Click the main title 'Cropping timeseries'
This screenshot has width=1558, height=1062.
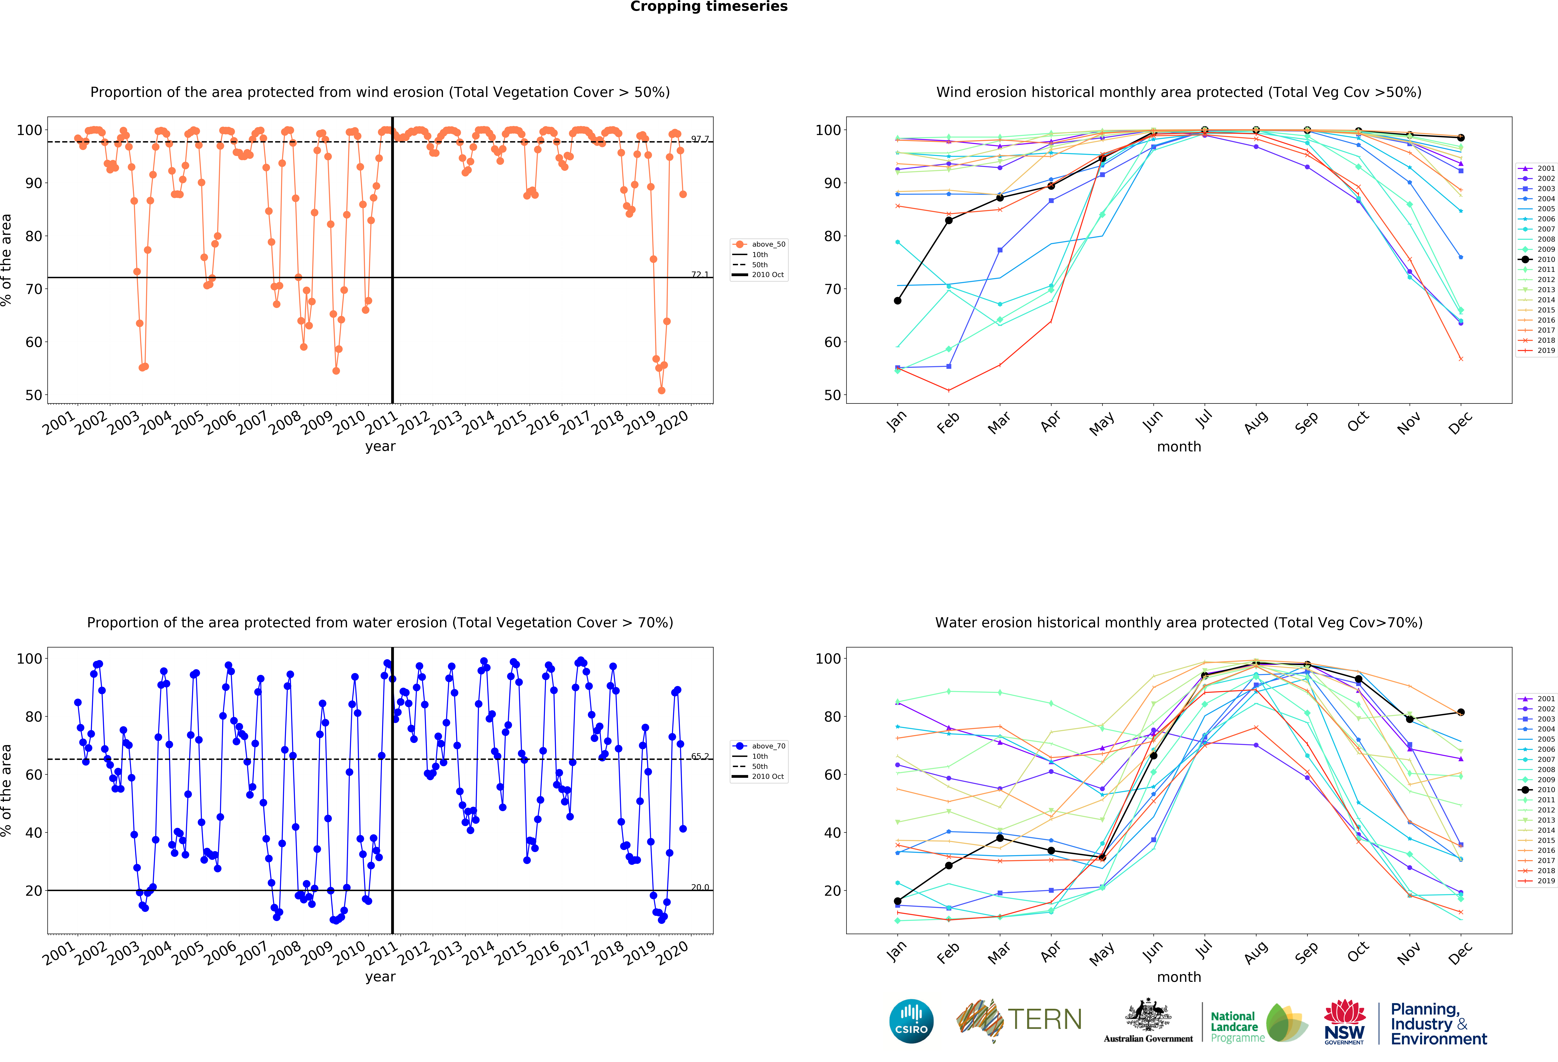(x=709, y=7)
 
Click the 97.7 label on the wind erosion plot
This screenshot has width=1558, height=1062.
(x=699, y=139)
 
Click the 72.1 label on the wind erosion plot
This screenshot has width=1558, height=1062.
(x=699, y=274)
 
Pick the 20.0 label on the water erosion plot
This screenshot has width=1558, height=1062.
(x=699, y=887)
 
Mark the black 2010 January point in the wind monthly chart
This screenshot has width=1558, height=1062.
(x=898, y=300)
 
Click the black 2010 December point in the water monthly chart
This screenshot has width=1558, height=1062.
(x=1461, y=712)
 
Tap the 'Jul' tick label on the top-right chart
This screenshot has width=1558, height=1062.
(x=1204, y=419)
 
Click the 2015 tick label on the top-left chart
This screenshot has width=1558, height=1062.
(x=510, y=422)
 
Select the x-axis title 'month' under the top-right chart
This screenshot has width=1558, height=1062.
(x=1179, y=446)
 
